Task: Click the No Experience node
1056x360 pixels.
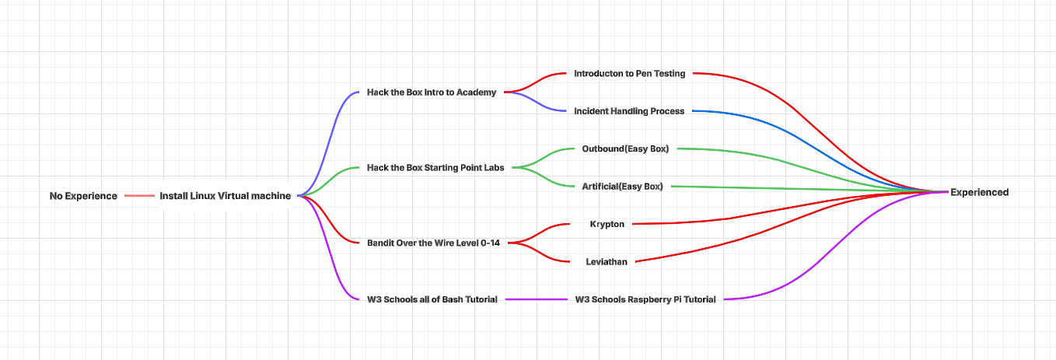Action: coord(83,196)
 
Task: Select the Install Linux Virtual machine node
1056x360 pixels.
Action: coord(225,196)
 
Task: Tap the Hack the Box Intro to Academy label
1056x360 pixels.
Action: coord(431,93)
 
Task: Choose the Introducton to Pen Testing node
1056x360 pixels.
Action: coord(629,74)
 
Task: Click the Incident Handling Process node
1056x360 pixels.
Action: coord(629,111)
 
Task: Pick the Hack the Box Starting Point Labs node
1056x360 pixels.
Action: coord(435,167)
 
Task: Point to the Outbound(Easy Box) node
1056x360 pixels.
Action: coord(625,149)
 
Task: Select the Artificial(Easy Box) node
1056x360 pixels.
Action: coord(622,187)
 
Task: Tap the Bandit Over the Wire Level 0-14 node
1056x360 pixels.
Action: coord(433,243)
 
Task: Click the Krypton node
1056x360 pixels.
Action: coord(607,224)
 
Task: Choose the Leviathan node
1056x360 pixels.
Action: coord(607,262)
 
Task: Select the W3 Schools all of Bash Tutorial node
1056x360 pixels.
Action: coord(432,299)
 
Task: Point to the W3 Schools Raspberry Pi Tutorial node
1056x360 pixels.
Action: coord(645,299)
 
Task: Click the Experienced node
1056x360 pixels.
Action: coord(979,192)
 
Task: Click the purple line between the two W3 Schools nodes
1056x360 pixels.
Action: coord(537,299)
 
